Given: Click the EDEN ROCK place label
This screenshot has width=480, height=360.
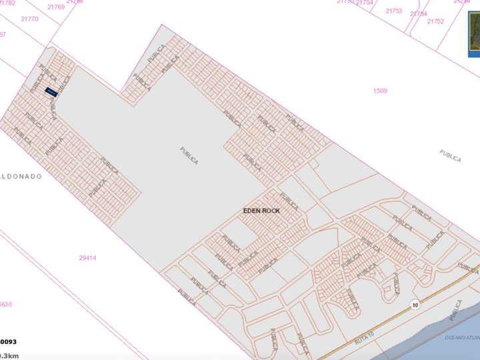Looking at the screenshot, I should tap(261, 211).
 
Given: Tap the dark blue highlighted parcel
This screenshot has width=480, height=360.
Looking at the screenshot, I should tap(50, 91).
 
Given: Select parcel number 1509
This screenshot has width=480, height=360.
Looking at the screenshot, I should tap(380, 91).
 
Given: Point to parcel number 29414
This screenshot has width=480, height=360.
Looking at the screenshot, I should tap(87, 257).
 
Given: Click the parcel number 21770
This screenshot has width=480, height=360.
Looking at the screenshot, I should tap(29, 19).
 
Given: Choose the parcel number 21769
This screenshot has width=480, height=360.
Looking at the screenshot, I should tap(56, 7).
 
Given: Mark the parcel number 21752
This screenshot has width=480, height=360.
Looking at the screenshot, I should tap(435, 21).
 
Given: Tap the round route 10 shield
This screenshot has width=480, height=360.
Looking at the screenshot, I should tap(415, 305).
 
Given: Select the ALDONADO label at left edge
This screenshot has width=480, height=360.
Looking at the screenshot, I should tap(21, 177).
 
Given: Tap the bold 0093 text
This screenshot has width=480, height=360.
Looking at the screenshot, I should tap(7, 341).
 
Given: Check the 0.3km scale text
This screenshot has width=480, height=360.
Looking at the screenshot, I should tap(9, 355).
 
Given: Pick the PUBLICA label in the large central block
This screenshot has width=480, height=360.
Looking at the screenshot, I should tap(189, 156).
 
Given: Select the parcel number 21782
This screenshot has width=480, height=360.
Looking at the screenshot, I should tap(7, 3).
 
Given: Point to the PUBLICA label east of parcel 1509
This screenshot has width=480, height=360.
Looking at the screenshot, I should tap(450, 156).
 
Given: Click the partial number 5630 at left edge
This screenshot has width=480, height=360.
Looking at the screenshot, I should tap(5, 304).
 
